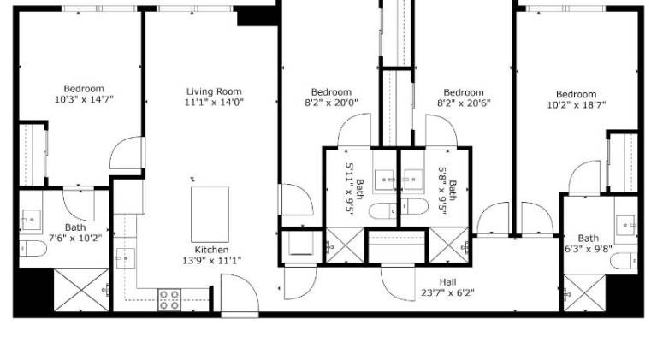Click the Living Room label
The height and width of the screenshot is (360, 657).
(214, 91)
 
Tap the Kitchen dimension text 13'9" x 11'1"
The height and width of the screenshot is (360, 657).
(211, 260)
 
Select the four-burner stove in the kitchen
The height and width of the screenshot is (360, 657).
(169, 300)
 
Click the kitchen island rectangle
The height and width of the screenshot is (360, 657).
(210, 215)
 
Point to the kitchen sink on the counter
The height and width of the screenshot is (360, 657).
(125, 259)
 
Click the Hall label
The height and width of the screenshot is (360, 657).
(447, 282)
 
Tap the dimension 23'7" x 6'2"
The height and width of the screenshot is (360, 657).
(447, 292)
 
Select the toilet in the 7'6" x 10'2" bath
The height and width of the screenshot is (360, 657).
(33, 249)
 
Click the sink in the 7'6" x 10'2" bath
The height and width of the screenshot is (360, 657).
(31, 220)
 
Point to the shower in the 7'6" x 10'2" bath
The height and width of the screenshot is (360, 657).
(81, 290)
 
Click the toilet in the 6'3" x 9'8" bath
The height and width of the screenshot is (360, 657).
(624, 261)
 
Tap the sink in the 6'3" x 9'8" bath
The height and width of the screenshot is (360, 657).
(626, 226)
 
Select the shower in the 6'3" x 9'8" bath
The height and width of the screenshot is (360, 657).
(584, 292)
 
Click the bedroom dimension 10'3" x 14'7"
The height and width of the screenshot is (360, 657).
(84, 100)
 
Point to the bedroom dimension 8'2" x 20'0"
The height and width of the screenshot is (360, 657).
(331, 103)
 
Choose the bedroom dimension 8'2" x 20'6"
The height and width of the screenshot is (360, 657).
(464, 103)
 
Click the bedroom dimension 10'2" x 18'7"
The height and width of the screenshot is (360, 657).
(577, 104)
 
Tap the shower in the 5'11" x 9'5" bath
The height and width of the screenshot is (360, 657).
(346, 245)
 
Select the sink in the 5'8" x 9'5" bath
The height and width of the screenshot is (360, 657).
(413, 180)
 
